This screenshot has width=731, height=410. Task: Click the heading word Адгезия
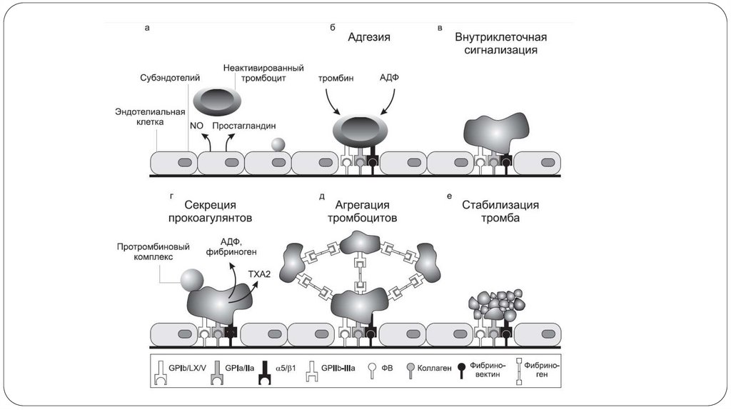tap(369, 36)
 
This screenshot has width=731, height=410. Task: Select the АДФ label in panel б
tap(389, 78)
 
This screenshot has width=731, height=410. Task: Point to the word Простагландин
tap(248, 125)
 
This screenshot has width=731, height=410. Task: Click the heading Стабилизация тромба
tap(500, 212)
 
